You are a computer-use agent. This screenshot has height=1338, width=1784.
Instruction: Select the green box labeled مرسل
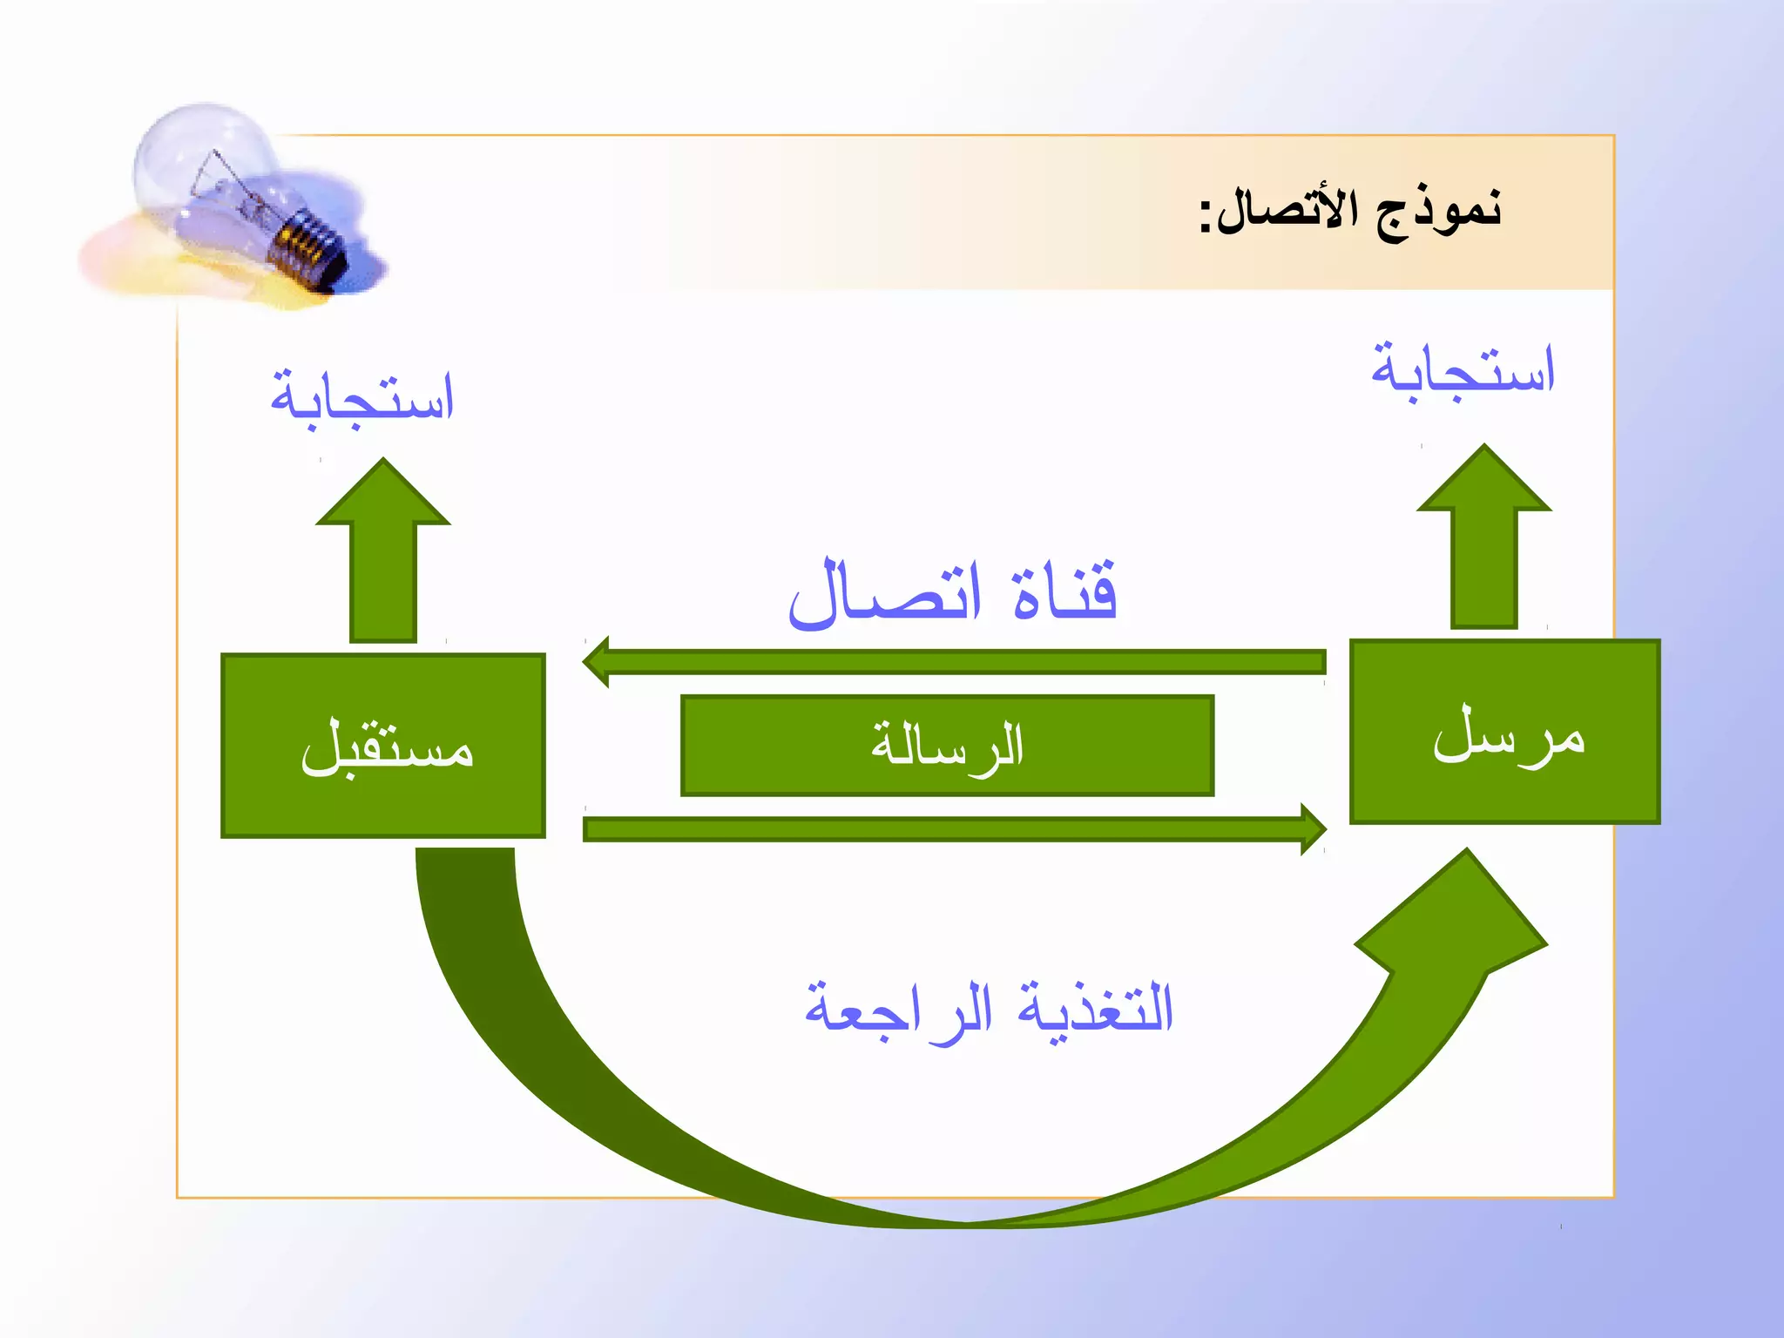1504,732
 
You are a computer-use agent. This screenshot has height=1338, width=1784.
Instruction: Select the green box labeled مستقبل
383,746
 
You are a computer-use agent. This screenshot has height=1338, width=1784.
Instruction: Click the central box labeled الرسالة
947,746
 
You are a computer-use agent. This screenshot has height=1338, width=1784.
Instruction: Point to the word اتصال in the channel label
885,594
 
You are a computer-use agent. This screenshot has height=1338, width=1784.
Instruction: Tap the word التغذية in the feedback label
1096,1009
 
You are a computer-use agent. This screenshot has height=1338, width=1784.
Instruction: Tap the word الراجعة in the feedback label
897,1010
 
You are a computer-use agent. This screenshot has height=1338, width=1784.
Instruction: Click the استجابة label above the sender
1463,370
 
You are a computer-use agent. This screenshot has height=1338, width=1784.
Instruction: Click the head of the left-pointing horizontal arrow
598,662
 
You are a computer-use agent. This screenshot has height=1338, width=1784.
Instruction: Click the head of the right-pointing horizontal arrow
1312,828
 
